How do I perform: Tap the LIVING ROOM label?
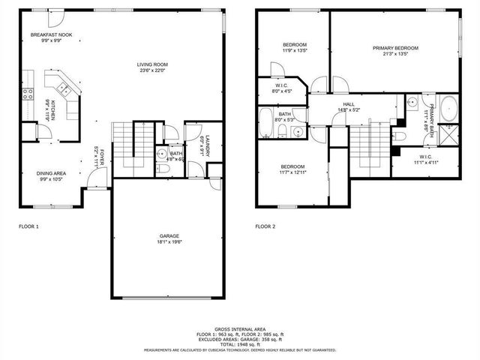pyautogui.click(x=151, y=64)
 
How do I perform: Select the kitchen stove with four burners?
pyautogui.click(x=28, y=94)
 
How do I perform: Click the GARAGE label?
pyautogui.click(x=168, y=236)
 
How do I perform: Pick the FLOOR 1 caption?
pyautogui.click(x=28, y=226)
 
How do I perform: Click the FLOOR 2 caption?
pyautogui.click(x=265, y=226)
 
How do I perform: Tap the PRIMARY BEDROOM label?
pyautogui.click(x=395, y=48)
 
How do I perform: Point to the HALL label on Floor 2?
pyautogui.click(x=349, y=104)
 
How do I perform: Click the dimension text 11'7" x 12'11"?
pyautogui.click(x=293, y=172)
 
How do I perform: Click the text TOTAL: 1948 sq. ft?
pyautogui.click(x=240, y=343)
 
